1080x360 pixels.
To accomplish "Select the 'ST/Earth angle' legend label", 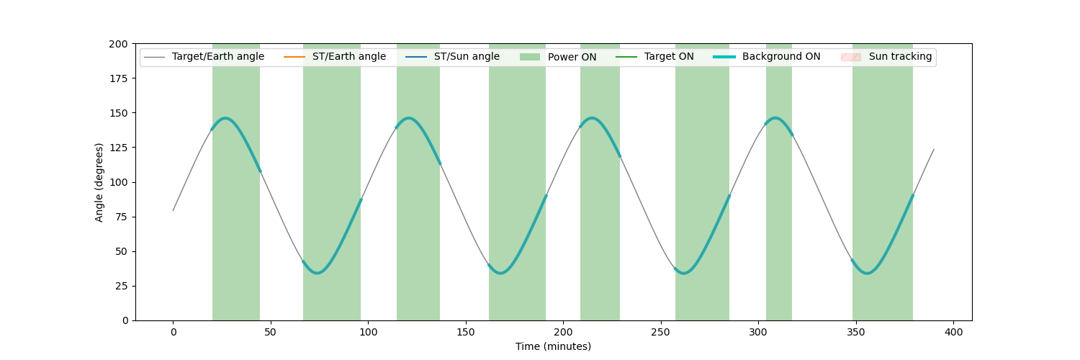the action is click(335, 57).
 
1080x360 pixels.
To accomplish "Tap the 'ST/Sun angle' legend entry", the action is click(452, 57).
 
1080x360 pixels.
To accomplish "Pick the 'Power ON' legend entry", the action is click(558, 57).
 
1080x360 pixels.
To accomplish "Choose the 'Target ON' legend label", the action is click(654, 57).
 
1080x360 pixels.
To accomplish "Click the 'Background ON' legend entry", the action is click(767, 57).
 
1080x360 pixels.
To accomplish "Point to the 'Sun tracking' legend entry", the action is click(886, 57).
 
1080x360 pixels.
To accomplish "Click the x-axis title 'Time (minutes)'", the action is click(553, 346).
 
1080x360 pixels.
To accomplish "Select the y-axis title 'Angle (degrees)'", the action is click(99, 182).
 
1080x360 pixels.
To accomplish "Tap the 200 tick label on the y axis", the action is click(118, 44).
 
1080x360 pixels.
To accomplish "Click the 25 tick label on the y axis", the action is click(122, 287).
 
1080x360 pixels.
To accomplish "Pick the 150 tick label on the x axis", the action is click(466, 332).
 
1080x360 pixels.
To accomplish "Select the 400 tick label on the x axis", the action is click(954, 332).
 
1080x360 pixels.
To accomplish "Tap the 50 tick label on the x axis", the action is click(271, 332).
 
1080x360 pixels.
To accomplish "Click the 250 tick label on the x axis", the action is click(660, 332).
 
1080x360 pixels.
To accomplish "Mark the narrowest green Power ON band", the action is click(778, 182).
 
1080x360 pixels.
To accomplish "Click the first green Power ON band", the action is click(236, 182).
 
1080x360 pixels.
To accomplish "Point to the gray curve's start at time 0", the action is click(173, 210).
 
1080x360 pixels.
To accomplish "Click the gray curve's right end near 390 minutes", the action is click(934, 149).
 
